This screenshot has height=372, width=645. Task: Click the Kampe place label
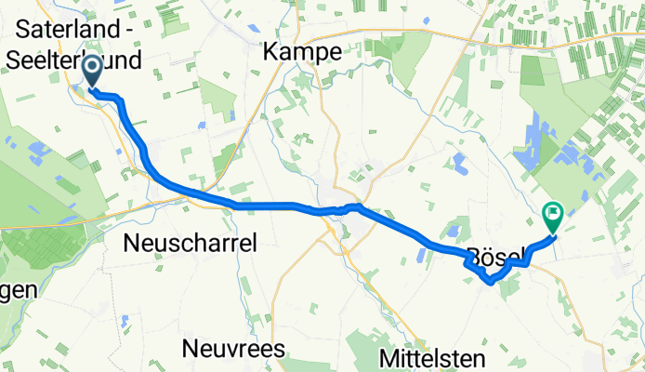click(303, 53)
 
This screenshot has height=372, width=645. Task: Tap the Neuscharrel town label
click(190, 242)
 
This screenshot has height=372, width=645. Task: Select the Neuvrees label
click(234, 350)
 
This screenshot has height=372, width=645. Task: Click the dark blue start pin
click(93, 71)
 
